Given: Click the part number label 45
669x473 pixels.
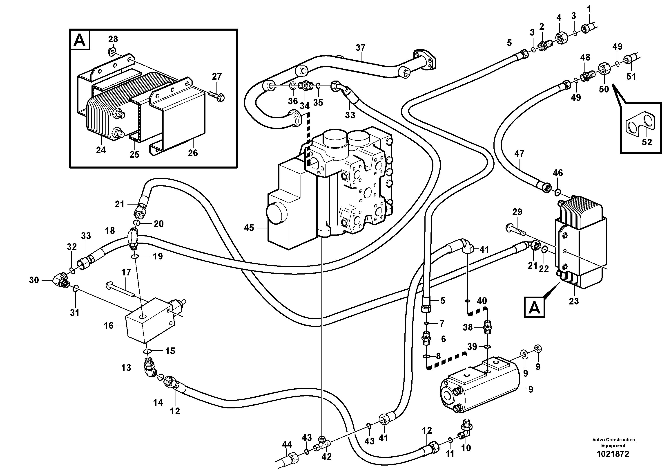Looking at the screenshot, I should point(249,228).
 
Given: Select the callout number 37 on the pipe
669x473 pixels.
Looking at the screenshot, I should point(360,47).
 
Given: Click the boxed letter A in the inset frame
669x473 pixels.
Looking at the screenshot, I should point(80,40).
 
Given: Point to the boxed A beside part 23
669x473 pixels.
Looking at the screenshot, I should point(534,307).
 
